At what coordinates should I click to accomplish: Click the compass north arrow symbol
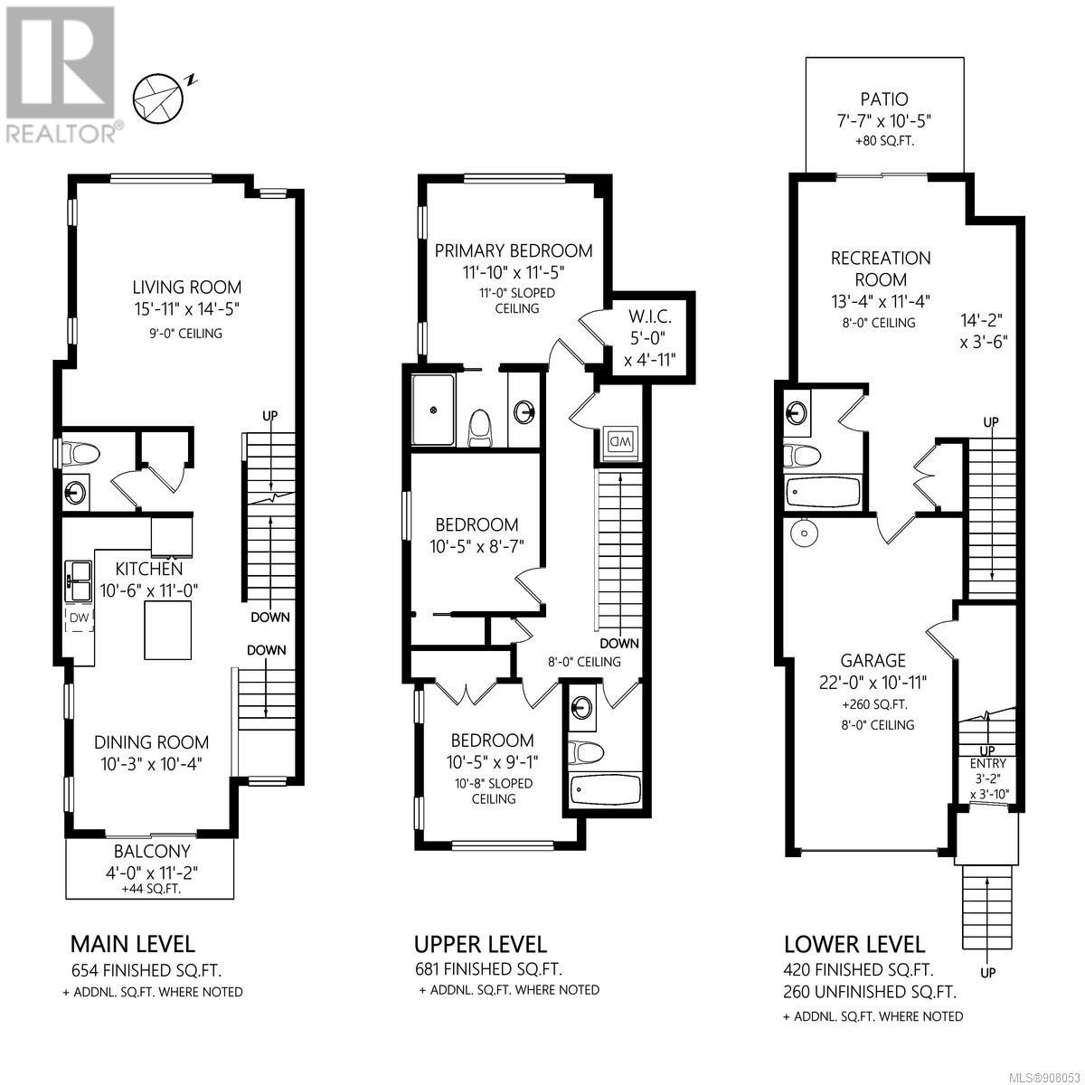pos(158,99)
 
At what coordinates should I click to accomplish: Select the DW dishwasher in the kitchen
pos(80,618)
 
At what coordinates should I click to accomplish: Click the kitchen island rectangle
pos(168,629)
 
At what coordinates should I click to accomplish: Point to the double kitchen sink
pos(80,580)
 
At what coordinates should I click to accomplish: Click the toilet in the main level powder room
pos(80,453)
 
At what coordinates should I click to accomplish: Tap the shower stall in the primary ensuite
pos(432,410)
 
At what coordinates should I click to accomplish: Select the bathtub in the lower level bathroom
pos(822,493)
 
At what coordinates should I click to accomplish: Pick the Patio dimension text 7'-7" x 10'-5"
pos(884,121)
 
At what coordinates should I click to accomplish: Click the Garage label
pos(873,659)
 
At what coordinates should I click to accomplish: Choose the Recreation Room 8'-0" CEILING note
pos(878,323)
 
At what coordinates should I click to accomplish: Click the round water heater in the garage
pos(803,531)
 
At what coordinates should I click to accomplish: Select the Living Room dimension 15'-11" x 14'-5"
pos(187,309)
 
